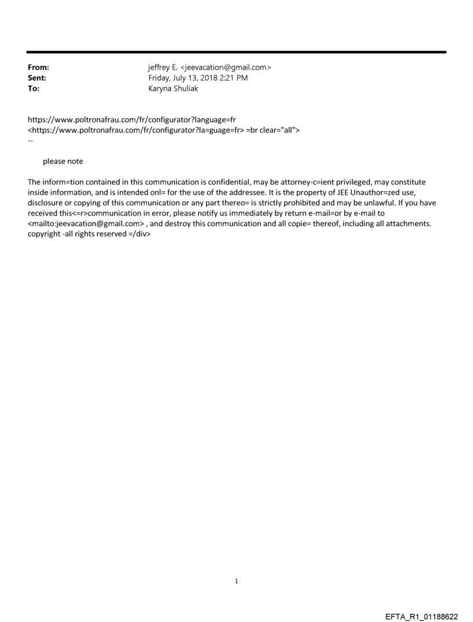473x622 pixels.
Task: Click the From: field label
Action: tap(38, 68)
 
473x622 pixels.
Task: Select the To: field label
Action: tap(34, 88)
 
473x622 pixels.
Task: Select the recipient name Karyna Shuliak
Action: tap(173, 88)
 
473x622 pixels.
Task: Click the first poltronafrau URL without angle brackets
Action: tap(132, 120)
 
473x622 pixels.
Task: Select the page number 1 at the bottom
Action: tap(237, 581)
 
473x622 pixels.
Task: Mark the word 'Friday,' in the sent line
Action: tap(161, 78)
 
